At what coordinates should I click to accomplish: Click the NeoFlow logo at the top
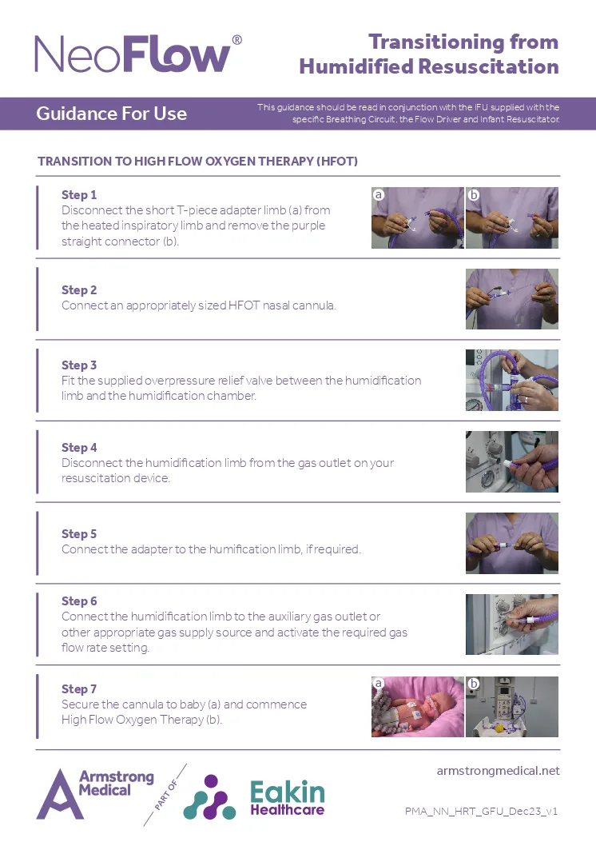click(133, 54)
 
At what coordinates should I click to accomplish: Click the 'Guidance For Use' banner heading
click(111, 114)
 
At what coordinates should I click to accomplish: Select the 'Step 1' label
click(79, 195)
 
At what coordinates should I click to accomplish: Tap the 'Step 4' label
click(79, 448)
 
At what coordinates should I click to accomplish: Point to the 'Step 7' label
click(79, 689)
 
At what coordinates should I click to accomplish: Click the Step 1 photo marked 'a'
click(417, 217)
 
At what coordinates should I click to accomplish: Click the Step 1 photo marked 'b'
click(512, 217)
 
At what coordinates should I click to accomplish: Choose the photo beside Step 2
click(512, 299)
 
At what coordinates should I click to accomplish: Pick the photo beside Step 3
click(512, 380)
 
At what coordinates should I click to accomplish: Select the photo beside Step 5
click(512, 543)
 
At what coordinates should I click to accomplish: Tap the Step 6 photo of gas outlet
click(512, 625)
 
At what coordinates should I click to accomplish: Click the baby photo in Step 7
click(417, 706)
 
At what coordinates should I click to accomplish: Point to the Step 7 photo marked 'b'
click(512, 706)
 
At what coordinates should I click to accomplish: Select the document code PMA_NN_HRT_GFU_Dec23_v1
click(481, 811)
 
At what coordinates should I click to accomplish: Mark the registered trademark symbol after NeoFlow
click(236, 40)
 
